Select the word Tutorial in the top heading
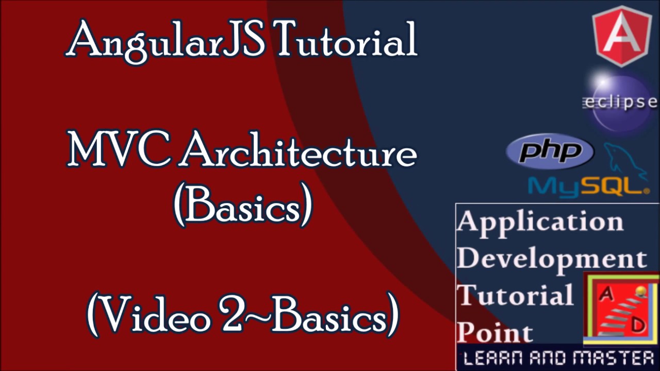pyautogui.click(x=345, y=40)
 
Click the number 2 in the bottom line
pyautogui.click(x=230, y=313)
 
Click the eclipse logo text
pyautogui.click(x=620, y=102)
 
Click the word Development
pyautogui.click(x=552, y=258)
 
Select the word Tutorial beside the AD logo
pyautogui.click(x=515, y=295)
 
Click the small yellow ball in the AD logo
pyautogui.click(x=641, y=292)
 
